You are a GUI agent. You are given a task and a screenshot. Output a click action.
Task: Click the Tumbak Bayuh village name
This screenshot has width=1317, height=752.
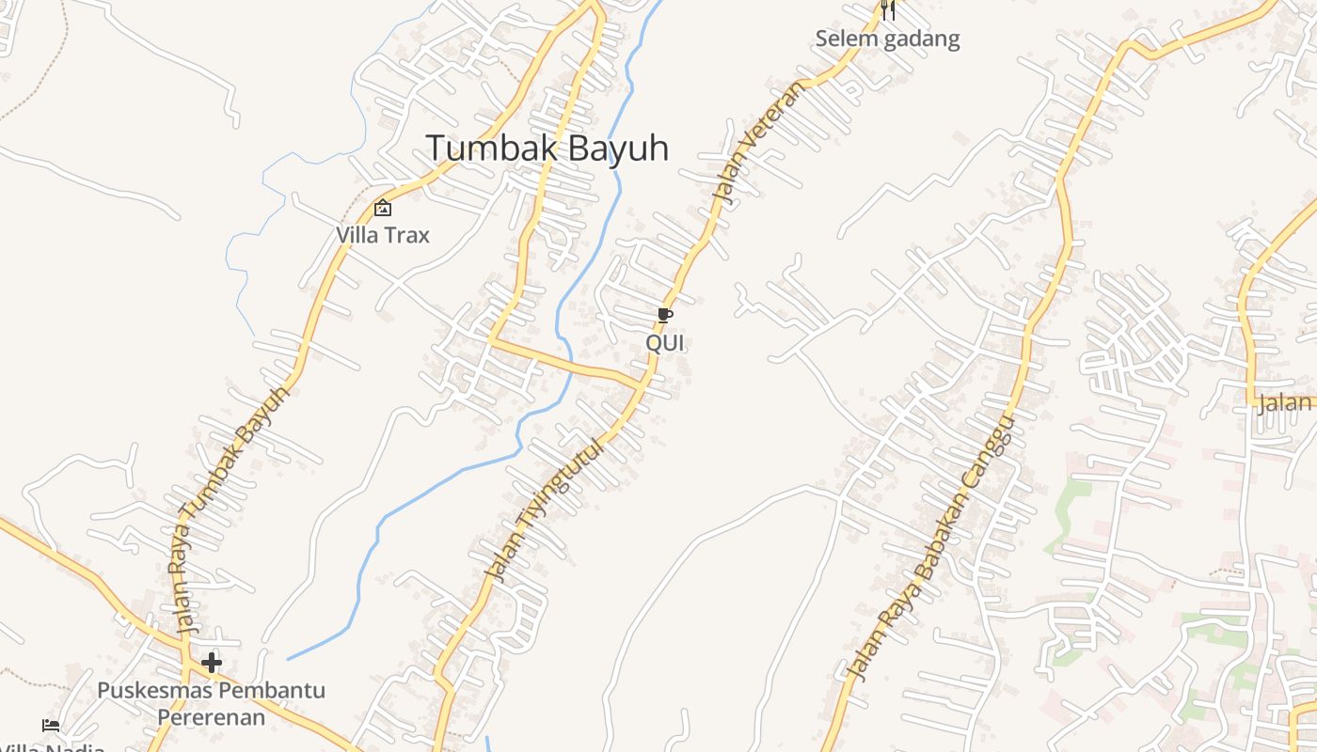click(x=547, y=149)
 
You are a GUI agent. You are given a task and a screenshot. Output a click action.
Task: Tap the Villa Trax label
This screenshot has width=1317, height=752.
click(x=383, y=235)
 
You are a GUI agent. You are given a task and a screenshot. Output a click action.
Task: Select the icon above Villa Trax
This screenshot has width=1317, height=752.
click(x=383, y=209)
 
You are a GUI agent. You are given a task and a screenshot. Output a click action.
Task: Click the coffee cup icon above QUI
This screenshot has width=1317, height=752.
click(x=665, y=316)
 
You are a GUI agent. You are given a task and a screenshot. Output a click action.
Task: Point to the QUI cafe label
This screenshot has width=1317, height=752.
click(x=665, y=343)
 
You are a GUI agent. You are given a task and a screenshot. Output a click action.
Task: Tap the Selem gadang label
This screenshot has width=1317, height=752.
click(x=887, y=39)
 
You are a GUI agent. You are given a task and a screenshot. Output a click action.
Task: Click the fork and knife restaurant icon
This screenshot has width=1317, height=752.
click(x=887, y=11)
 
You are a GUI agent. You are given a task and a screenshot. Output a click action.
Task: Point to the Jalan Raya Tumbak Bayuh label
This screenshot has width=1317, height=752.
click(x=231, y=508)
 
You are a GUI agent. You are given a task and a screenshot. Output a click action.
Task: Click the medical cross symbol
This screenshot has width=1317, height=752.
click(x=212, y=663)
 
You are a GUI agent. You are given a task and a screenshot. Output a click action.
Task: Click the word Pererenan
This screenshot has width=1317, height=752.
click(x=211, y=717)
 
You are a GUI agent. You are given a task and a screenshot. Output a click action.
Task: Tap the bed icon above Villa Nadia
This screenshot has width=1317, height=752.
click(x=51, y=725)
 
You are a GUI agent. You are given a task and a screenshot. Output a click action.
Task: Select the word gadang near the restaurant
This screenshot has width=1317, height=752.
click(x=925, y=39)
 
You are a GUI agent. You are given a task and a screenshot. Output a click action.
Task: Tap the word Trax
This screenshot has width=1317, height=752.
click(x=408, y=235)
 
